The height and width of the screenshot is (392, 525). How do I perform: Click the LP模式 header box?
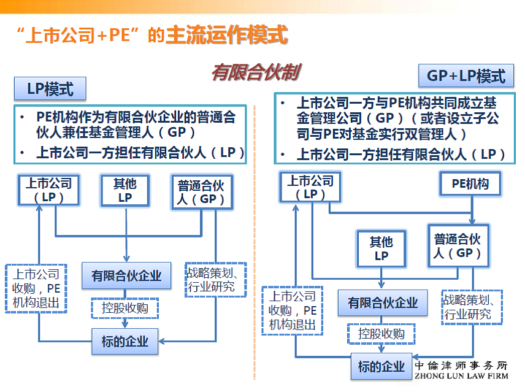[50, 89]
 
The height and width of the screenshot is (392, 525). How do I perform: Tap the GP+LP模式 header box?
[466, 75]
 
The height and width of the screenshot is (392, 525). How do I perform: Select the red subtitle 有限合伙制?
[256, 72]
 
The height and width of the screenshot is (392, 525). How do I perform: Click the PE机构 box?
[470, 183]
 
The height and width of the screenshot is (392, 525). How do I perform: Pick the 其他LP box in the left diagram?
[125, 190]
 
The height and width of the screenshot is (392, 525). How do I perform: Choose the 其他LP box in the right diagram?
[381, 248]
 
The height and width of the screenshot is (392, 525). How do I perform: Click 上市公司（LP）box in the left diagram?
[49, 190]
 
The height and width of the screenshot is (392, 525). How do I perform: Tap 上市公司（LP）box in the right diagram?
[310, 187]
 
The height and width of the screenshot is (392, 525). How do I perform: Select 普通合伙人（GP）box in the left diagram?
[202, 192]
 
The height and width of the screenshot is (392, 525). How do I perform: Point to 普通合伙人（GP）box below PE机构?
[458, 246]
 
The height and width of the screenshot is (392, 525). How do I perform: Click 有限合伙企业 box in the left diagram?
[126, 276]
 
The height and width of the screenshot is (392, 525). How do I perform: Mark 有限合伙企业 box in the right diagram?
[383, 303]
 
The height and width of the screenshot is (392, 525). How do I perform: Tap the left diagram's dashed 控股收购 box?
[125, 308]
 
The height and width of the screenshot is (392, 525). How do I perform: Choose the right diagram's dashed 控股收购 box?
[381, 334]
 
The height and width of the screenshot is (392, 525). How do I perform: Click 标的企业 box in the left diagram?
[125, 342]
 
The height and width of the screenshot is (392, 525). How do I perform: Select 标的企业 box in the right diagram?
[381, 366]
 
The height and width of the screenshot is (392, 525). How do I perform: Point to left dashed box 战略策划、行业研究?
[216, 280]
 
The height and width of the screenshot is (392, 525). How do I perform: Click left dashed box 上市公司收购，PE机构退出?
[36, 288]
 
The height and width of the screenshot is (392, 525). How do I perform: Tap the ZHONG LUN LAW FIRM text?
[461, 376]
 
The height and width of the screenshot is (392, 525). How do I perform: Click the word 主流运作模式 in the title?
[227, 35]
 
